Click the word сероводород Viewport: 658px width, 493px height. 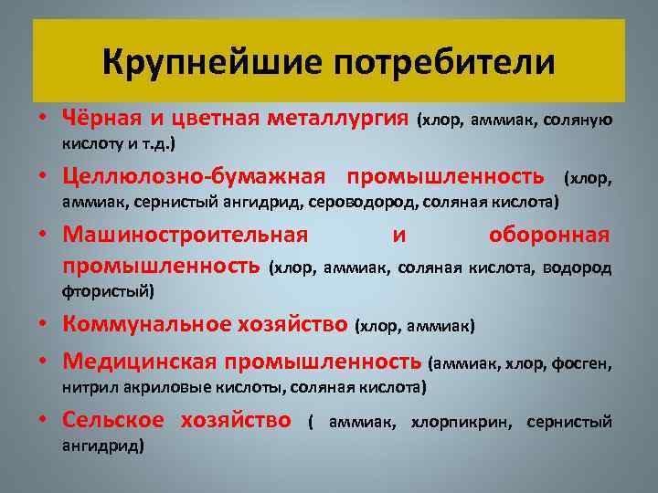(x=360, y=200)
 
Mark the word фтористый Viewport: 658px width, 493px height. (x=109, y=292)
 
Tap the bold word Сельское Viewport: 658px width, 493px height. (x=112, y=420)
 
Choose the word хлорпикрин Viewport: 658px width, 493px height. (x=461, y=422)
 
